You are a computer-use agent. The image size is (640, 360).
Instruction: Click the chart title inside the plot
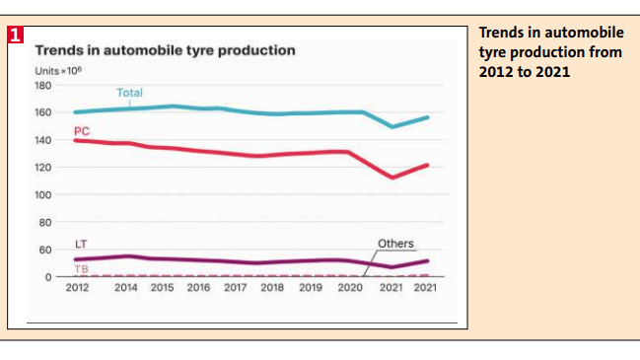(x=165, y=49)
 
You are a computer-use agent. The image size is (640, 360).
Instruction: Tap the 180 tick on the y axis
(x=42, y=85)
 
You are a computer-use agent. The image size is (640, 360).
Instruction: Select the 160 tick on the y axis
(x=42, y=112)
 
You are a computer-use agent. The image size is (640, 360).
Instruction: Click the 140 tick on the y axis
(x=42, y=140)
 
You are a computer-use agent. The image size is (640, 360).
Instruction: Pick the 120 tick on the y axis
(x=42, y=168)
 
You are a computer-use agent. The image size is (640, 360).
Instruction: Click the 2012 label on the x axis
(x=79, y=288)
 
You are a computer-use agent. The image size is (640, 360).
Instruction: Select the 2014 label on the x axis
(x=126, y=288)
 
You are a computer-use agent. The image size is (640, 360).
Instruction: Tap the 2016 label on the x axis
(x=198, y=288)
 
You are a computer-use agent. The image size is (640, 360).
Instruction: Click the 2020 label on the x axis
(x=350, y=288)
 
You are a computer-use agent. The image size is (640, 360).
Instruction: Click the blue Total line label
(x=129, y=93)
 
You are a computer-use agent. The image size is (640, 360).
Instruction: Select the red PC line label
(x=82, y=130)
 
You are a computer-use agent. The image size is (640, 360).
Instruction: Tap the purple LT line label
(x=82, y=244)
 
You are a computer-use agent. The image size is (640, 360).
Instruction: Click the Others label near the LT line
(x=395, y=244)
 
